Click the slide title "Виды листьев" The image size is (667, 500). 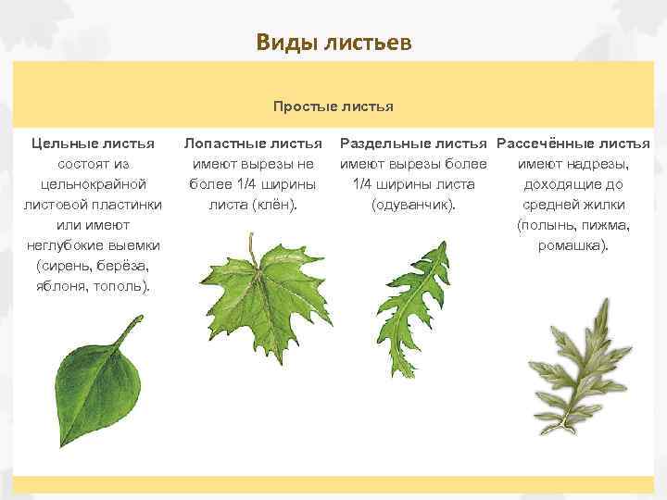coord(333,43)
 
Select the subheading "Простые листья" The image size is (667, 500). coord(333,106)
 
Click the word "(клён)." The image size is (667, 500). coord(275,205)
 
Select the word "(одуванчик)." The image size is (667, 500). coord(413,205)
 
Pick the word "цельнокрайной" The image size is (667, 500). coord(93,184)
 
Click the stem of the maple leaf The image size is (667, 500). coord(251,248)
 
